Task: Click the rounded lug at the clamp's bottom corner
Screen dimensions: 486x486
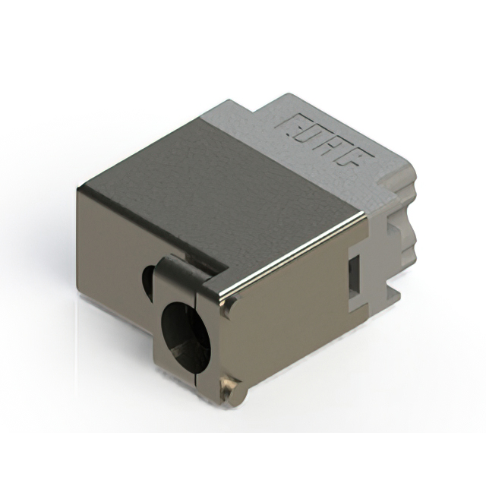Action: [x=228, y=388]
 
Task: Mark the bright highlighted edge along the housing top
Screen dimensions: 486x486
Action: [x=296, y=251]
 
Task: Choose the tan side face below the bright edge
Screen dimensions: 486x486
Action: [x=296, y=319]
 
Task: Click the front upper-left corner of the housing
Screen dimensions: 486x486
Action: [x=78, y=188]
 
